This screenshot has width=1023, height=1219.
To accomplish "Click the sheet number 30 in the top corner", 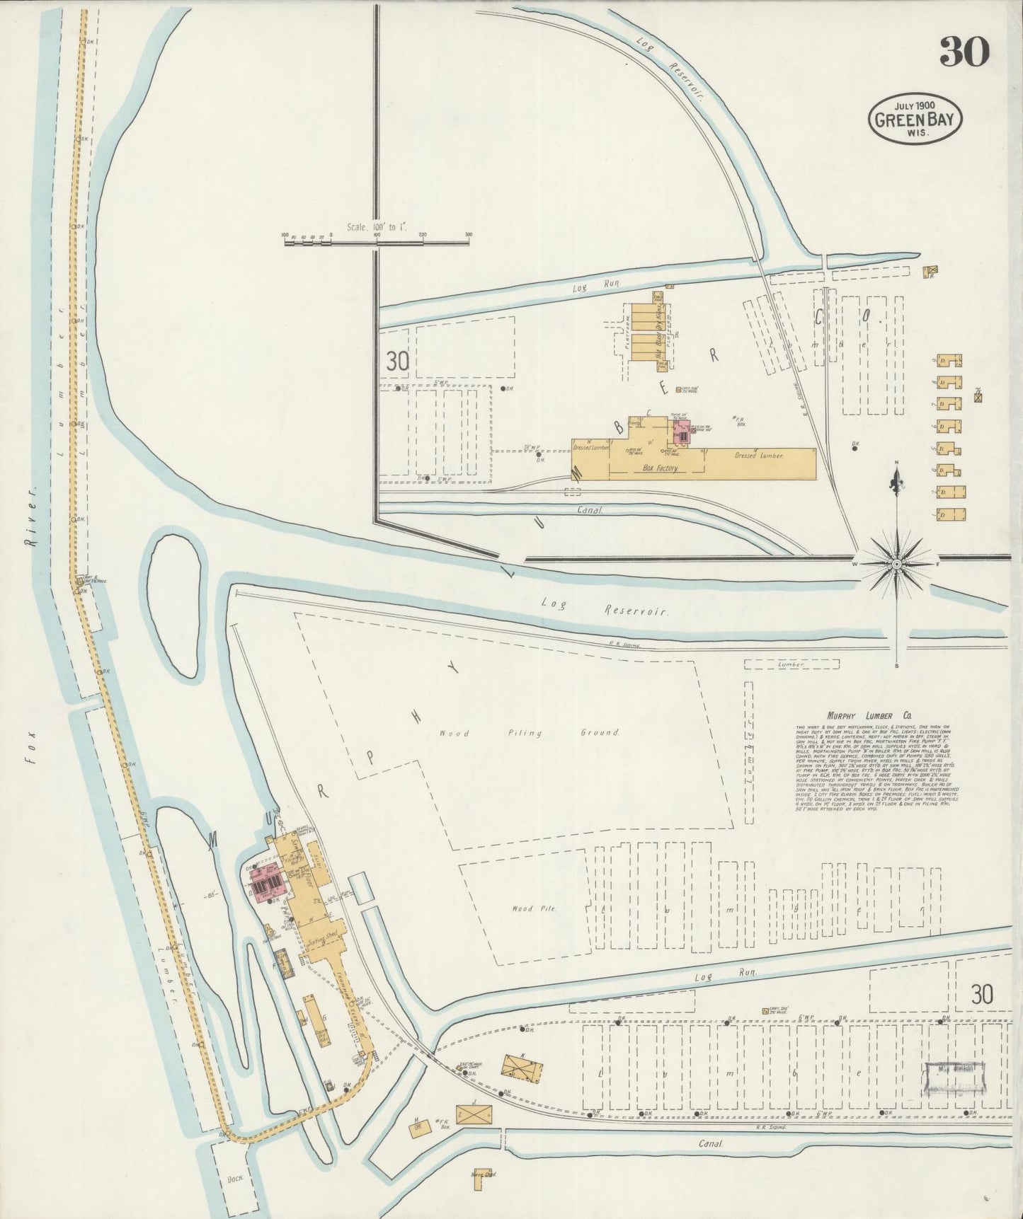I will pyautogui.click(x=964, y=51).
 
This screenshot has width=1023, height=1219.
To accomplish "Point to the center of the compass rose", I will pyautogui.click(x=898, y=564).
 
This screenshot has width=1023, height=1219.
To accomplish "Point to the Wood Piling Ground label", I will pyautogui.click(x=529, y=732).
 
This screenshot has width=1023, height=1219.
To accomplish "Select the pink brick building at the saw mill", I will pyautogui.click(x=265, y=882).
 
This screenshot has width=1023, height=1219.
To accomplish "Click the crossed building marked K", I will pyautogui.click(x=522, y=1067).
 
